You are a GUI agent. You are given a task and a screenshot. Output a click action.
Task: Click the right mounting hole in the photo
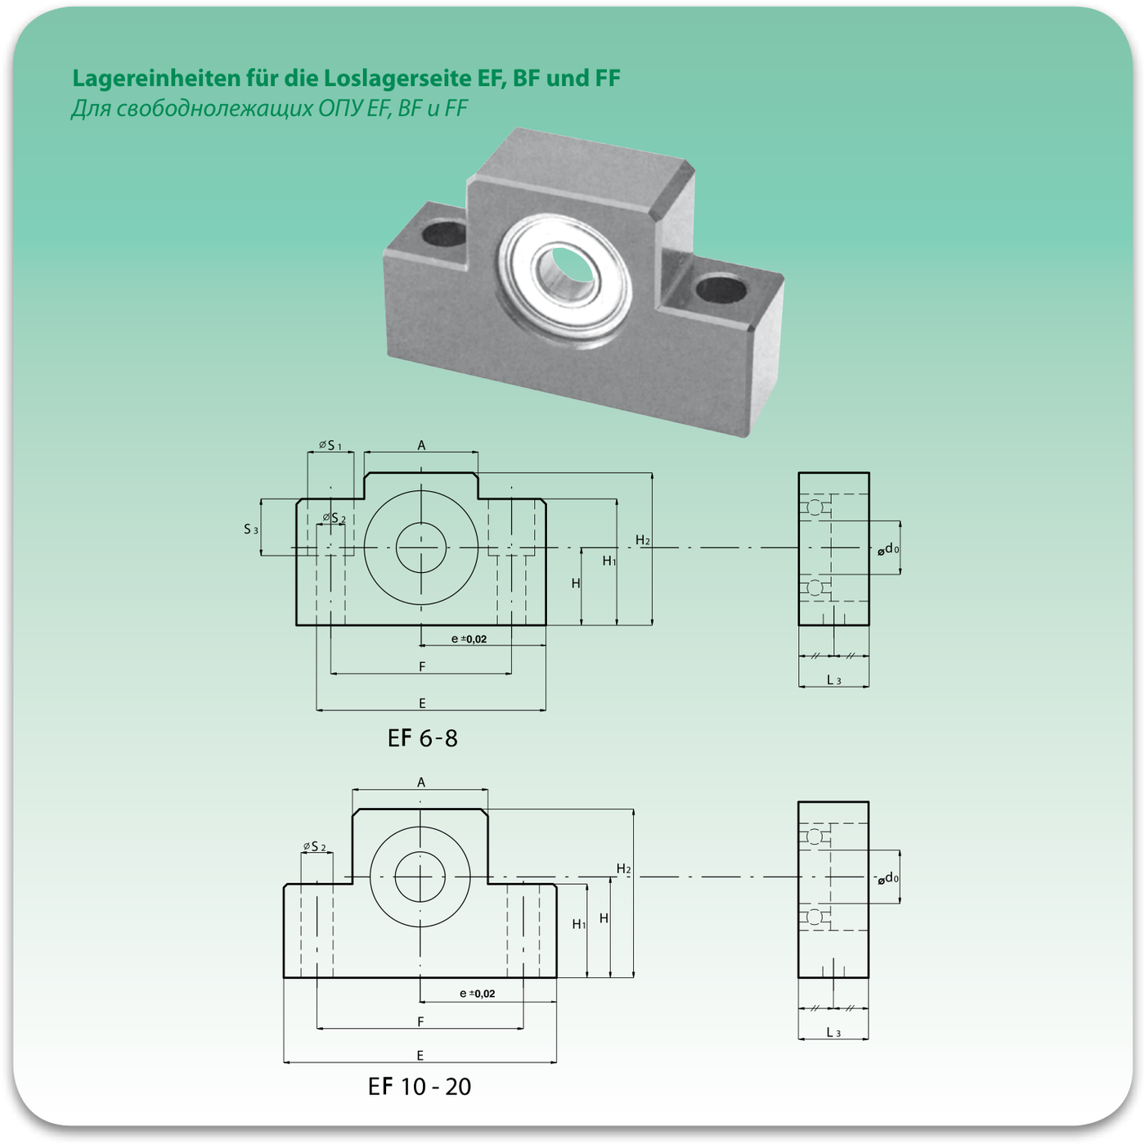coord(721,290)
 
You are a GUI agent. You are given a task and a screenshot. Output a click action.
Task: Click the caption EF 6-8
coord(423,739)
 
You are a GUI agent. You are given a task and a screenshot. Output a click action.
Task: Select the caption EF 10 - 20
coord(420,1087)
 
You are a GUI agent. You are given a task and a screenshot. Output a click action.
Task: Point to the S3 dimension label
coord(251,529)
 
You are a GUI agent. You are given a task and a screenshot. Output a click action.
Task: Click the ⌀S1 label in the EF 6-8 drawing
coord(330,445)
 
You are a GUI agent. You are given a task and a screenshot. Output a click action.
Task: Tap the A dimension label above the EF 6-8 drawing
coord(421,445)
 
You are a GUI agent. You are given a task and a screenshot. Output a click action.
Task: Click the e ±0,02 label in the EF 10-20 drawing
coord(477,994)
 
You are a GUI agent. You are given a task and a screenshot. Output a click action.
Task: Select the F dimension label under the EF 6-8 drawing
coord(422,667)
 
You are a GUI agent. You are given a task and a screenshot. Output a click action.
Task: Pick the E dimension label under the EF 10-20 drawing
coord(420,1055)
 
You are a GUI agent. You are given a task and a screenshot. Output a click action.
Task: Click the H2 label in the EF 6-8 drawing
coord(643,540)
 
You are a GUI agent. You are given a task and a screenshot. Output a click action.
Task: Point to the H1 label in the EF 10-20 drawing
coord(579,924)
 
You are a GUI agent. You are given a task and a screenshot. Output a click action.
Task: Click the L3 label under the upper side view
coord(833,680)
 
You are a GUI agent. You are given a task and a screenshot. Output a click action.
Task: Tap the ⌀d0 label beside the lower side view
coord(887,878)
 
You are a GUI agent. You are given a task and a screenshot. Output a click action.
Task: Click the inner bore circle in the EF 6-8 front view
coord(420,523)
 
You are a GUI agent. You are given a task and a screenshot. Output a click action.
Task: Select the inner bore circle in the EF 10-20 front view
coord(420,851)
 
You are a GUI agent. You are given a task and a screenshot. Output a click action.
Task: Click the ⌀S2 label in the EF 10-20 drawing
coord(314,846)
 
